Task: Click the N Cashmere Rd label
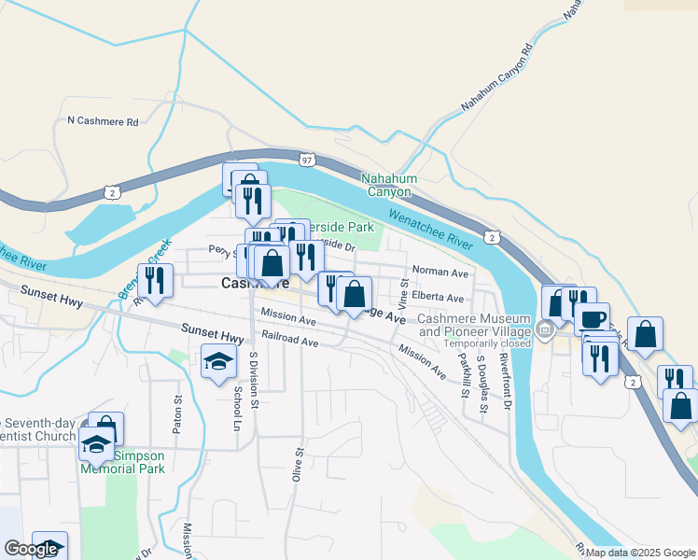pyautogui.click(x=104, y=121)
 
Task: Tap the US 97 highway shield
pyautogui.click(x=307, y=160)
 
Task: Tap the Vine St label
pyautogui.click(x=404, y=293)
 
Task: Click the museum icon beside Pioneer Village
pyautogui.click(x=544, y=329)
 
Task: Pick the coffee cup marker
pyautogui.click(x=591, y=318)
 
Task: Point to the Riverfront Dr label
pyautogui.click(x=505, y=379)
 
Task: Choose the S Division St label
pyautogui.click(x=253, y=379)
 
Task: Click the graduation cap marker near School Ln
pyautogui.click(x=218, y=361)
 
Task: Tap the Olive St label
pyautogui.click(x=300, y=464)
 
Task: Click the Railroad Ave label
pyautogui.click(x=290, y=342)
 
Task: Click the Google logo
pyautogui.click(x=31, y=549)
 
